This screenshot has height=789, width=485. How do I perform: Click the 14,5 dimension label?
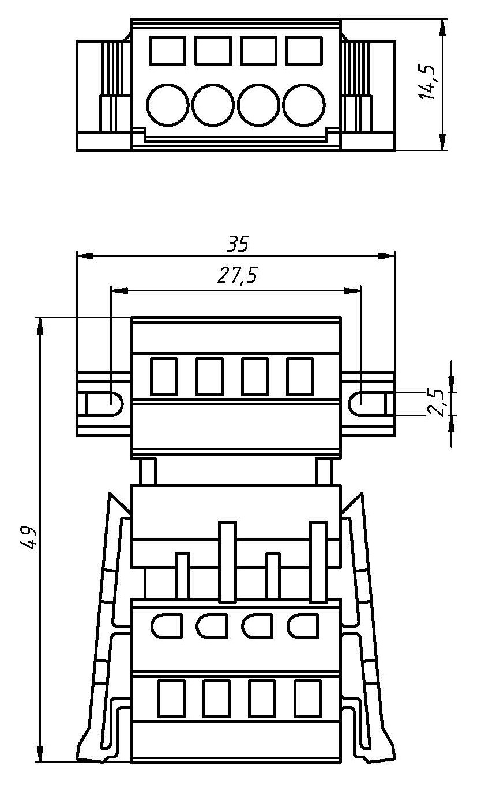point(427,82)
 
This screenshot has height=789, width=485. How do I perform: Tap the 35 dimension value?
point(238,244)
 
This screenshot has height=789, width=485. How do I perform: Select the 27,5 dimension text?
point(238,275)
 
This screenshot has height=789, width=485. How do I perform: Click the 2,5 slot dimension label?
point(435,403)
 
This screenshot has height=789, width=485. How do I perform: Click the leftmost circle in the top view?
point(167,105)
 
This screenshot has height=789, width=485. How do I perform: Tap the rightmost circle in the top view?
point(304,105)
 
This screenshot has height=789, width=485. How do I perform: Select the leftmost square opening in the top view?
point(167,51)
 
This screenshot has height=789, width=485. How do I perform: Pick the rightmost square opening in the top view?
point(304,51)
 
